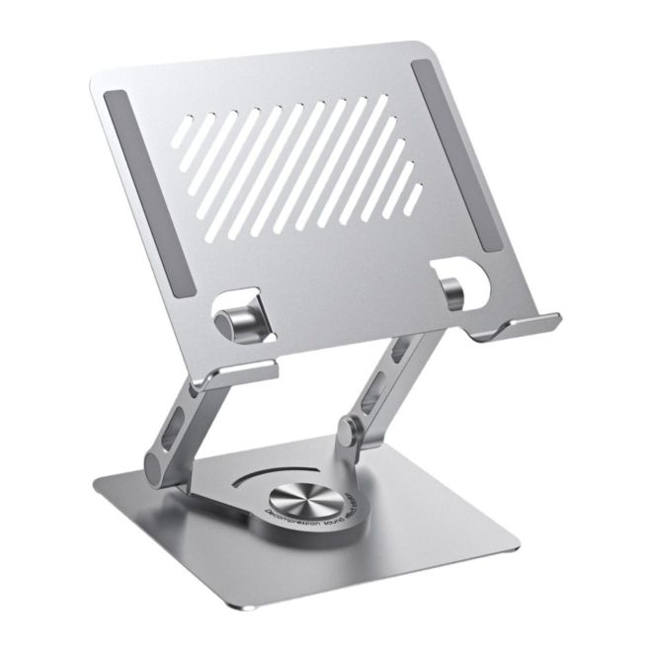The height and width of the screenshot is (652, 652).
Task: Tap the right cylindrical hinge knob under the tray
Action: coord(452,292)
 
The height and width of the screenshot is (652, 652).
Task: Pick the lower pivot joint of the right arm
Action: coord(349,432)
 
